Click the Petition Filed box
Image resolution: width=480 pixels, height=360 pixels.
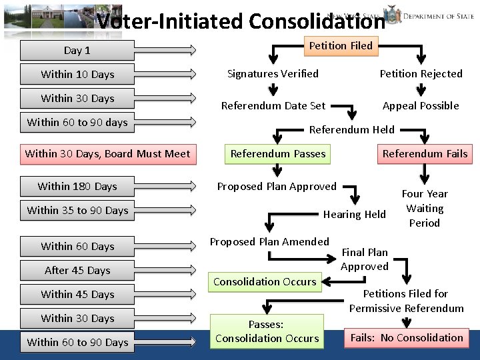pyautogui.click(x=341, y=45)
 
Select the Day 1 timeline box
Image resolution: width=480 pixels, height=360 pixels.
pyautogui.click(x=77, y=50)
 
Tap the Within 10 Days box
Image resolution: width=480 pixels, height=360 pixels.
pyautogui.click(x=77, y=74)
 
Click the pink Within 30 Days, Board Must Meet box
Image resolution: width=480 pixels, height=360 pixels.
pyautogui.click(x=107, y=153)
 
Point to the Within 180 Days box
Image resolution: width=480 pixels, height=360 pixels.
pyautogui.click(x=77, y=186)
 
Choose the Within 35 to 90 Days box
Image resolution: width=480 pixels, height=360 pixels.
pyautogui.click(x=77, y=210)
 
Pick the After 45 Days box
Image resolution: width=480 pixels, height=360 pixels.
pyautogui.click(x=77, y=270)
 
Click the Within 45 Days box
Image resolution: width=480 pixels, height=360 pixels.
pyautogui.click(x=77, y=294)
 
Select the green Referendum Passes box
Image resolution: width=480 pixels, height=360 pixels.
pyautogui.click(x=278, y=153)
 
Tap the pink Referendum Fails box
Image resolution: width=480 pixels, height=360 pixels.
pyautogui.click(x=425, y=153)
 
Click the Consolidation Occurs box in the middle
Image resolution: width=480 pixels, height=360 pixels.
pyautogui.click(x=265, y=281)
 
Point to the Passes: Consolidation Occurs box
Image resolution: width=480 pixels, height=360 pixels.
pyautogui.click(x=267, y=331)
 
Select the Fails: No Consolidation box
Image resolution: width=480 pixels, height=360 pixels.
pyautogui.click(x=407, y=337)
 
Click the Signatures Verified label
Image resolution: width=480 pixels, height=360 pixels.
pyautogui.click(x=273, y=73)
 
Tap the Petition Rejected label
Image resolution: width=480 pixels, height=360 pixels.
pyautogui.click(x=421, y=73)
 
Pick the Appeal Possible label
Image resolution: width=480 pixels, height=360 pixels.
pyautogui.click(x=421, y=105)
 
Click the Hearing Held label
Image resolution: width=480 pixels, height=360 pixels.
pyautogui.click(x=354, y=214)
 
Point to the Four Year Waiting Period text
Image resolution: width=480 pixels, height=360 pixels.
pyautogui.click(x=425, y=208)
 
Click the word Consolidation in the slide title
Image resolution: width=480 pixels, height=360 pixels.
pyautogui.click(x=317, y=21)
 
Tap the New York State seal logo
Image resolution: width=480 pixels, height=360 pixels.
pyautogui.click(x=393, y=15)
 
